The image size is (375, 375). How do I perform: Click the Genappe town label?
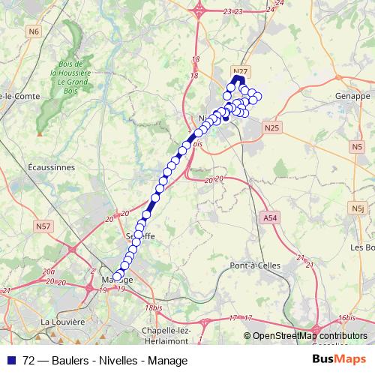354,97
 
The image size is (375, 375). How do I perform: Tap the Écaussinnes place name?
50,167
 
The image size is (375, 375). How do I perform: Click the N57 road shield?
43,226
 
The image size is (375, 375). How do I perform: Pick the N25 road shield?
271,128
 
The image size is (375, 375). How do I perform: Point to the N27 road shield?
240,71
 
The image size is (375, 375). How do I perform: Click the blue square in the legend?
7,360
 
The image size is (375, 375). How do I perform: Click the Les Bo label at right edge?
362,247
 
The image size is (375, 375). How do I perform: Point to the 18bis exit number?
154,308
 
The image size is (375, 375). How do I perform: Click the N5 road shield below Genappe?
355,148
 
